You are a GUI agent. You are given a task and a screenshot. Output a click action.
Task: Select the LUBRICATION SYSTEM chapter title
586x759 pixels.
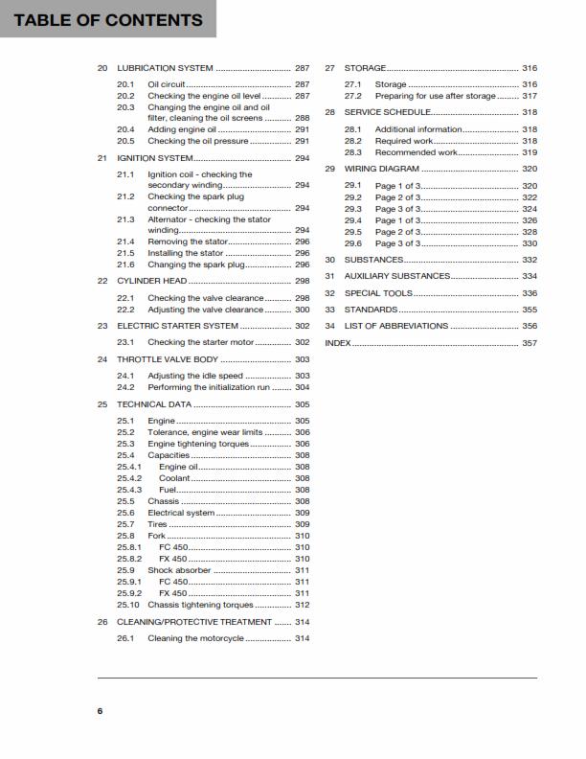coord(165,69)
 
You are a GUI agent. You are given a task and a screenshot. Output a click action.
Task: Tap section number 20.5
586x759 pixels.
coord(125,141)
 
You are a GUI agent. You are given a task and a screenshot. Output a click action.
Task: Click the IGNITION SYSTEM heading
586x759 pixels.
coord(154,157)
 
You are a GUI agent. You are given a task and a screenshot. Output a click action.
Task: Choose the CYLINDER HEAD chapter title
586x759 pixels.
coord(150,281)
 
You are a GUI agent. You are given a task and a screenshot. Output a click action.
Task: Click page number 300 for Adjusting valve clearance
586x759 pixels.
coord(302,310)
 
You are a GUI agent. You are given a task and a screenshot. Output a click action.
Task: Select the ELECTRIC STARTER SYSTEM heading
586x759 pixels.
coord(177,326)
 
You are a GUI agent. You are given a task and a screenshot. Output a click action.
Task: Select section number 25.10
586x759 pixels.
coord(128,605)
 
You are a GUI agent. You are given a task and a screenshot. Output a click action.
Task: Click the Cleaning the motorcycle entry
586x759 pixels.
coord(195,638)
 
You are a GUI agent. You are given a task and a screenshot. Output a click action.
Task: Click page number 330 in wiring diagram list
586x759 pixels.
coord(530,243)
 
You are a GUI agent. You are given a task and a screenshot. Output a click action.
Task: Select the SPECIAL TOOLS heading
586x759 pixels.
coord(378,293)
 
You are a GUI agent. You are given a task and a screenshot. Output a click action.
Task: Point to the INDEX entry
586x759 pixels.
coord(338,342)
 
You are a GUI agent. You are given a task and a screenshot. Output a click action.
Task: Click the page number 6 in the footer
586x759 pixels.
coord(100,710)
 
